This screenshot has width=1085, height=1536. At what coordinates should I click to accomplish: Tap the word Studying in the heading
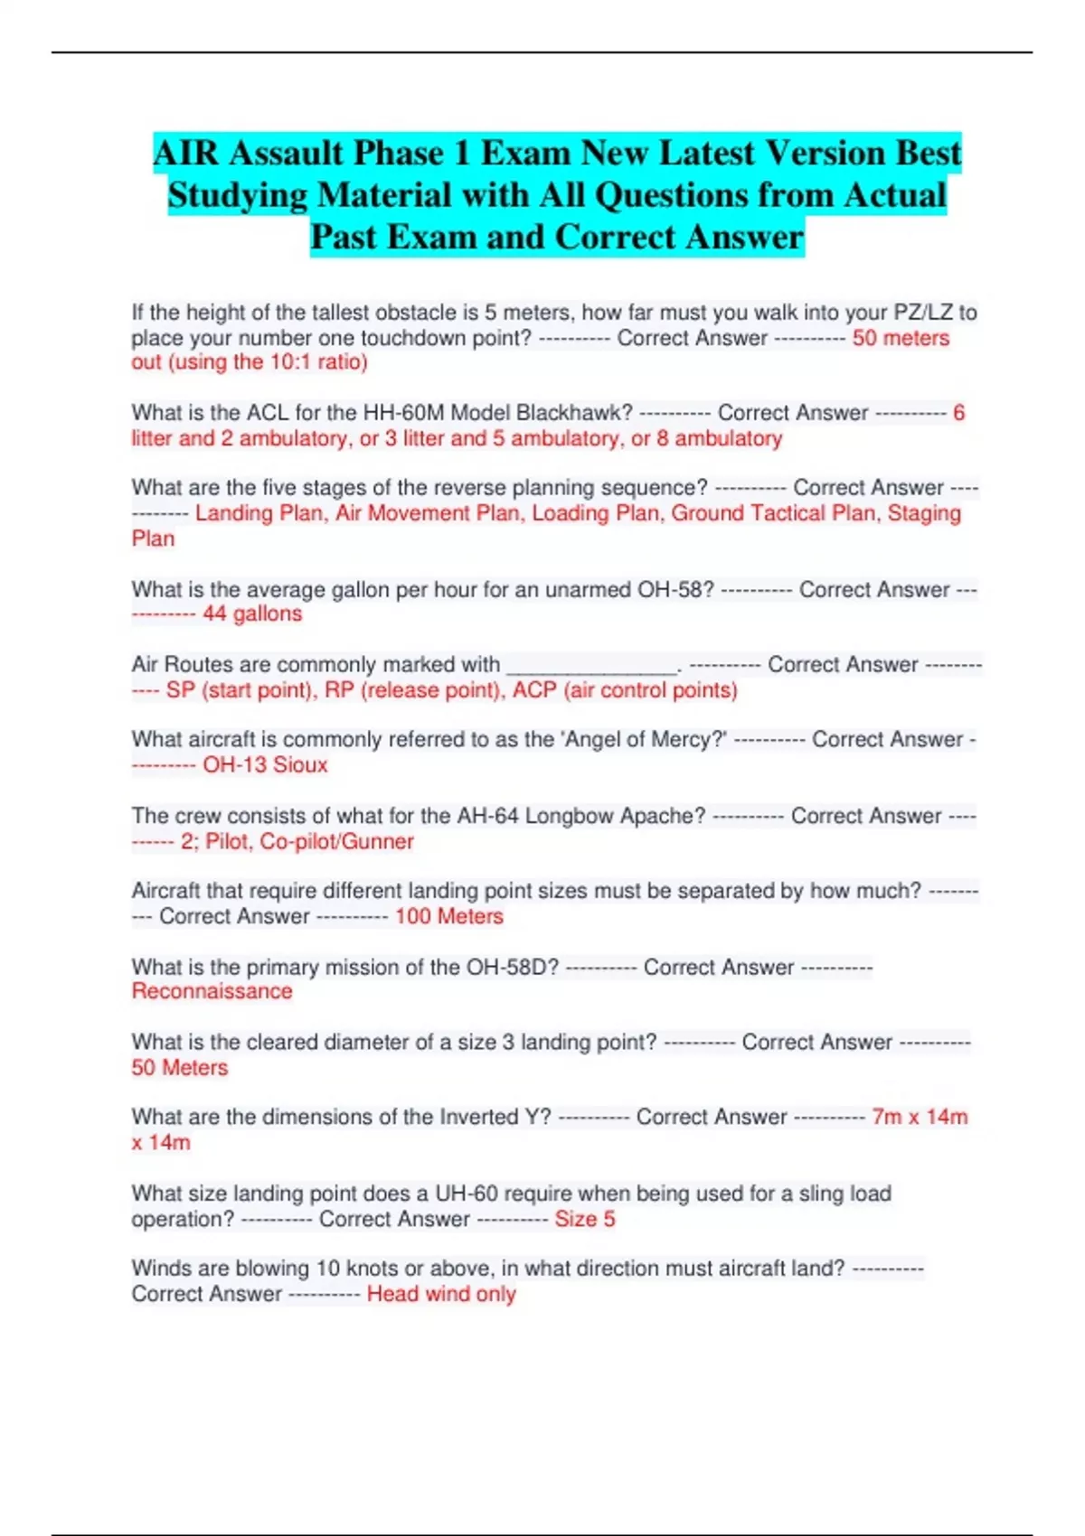click(x=238, y=195)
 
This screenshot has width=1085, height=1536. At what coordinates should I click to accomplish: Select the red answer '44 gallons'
click(x=252, y=614)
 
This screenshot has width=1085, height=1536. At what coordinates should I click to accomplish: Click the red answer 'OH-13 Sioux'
click(x=265, y=765)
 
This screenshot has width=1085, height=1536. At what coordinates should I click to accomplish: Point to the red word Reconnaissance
click(x=212, y=991)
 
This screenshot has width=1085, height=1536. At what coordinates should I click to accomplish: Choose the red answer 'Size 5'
click(x=584, y=1219)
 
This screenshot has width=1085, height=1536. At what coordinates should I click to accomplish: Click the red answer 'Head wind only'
click(x=441, y=1294)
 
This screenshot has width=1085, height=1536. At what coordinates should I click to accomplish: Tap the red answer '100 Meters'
click(x=449, y=916)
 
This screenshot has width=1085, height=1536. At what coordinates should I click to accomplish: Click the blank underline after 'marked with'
click(x=592, y=667)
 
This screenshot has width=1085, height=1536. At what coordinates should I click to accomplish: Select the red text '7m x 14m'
click(x=920, y=1117)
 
